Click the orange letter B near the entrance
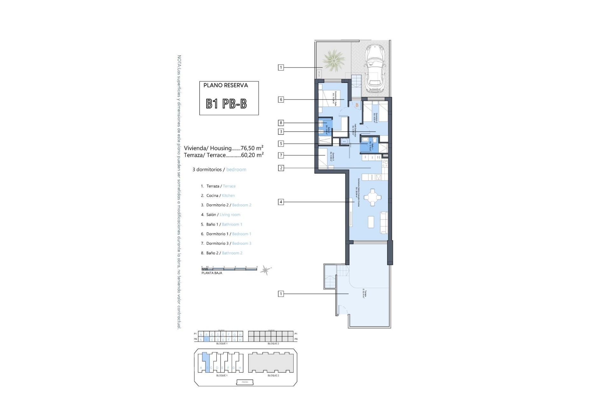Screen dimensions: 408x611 click(x=357, y=105)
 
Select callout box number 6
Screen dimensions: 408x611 click(x=281, y=99)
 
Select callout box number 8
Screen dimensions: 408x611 click(x=281, y=123)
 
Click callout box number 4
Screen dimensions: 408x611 click(x=281, y=202)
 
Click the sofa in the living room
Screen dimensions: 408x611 click(x=384, y=222)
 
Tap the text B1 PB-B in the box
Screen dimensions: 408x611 click(x=226, y=104)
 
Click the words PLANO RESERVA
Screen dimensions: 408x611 click(x=226, y=85)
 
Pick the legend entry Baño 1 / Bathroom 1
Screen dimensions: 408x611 click(x=224, y=224)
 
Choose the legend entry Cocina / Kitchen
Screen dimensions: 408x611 click(x=220, y=196)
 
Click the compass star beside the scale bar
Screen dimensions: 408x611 click(x=265, y=271)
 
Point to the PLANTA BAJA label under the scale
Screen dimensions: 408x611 click(x=212, y=273)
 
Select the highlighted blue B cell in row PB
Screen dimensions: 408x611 click(x=206, y=340)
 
